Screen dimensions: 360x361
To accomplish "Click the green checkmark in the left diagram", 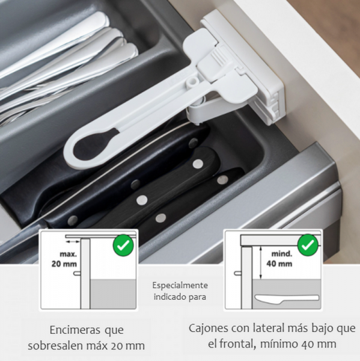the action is click(123, 245).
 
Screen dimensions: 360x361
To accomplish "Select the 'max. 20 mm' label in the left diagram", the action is click(64, 259).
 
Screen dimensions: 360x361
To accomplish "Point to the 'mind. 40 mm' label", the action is click(279, 259).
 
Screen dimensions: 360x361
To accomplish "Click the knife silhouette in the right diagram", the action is click(287, 298).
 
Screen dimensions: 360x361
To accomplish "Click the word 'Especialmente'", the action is click(180, 286).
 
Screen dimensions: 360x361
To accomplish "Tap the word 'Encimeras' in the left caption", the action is click(75, 330).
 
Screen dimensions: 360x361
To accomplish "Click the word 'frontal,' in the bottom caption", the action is click(238, 344).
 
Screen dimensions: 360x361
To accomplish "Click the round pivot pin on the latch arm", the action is click(192, 81).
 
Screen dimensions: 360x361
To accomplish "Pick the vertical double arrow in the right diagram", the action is click(260, 262).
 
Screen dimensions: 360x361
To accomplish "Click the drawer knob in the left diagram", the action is click(77, 273).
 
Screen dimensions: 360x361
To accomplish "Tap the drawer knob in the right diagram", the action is click(237, 273).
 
